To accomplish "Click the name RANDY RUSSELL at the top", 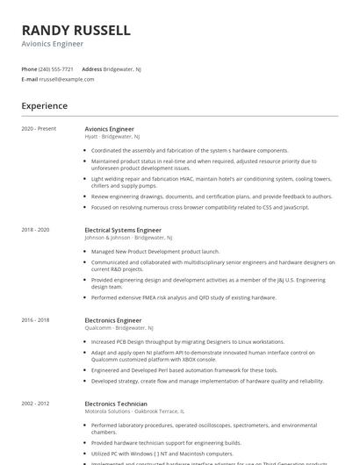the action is pos(76,30).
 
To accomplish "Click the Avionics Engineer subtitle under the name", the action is pos(53,43).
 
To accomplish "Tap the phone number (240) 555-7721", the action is pos(56,68).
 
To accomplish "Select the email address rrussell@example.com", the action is pos(67,79).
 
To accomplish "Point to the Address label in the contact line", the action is pos(91,68).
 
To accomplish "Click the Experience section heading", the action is pos(45,106).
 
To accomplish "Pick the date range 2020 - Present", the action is pos(39,129).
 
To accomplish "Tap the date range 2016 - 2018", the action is pos(36,320).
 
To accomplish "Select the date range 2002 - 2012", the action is pos(36,404).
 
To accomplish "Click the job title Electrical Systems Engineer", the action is pos(123,230).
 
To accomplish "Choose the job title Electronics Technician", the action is pos(117,404).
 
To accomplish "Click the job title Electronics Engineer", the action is pos(113,320).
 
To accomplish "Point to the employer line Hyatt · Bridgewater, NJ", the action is pos(112,137).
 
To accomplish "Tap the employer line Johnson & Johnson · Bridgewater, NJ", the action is pos(128,238).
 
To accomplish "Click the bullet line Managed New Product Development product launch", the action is pos(155,251).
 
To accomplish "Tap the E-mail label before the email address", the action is pos(29,79).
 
